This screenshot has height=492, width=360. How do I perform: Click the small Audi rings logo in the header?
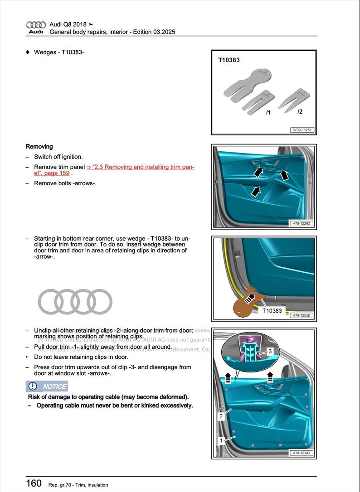[x=36, y=25]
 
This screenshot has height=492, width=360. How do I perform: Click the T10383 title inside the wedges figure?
[x=229, y=60]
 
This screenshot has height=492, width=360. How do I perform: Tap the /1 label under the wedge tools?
[x=268, y=112]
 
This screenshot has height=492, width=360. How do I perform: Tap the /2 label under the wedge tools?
[x=300, y=111]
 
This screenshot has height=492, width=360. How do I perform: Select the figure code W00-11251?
[x=302, y=130]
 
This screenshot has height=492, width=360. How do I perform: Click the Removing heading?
[x=39, y=146]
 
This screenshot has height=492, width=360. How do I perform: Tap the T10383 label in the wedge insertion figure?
[x=272, y=311]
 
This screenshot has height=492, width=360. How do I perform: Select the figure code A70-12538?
[x=302, y=315]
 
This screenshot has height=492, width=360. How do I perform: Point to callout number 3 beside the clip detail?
[x=269, y=351]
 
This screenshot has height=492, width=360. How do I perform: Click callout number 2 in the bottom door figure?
[x=221, y=416]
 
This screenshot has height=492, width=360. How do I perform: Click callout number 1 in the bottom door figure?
[x=221, y=440]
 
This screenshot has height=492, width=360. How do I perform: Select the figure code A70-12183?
[x=302, y=453]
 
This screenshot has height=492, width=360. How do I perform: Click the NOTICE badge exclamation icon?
[x=33, y=386]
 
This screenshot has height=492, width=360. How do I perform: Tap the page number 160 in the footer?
[x=34, y=483]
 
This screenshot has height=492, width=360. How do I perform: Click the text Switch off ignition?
[x=58, y=157]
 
